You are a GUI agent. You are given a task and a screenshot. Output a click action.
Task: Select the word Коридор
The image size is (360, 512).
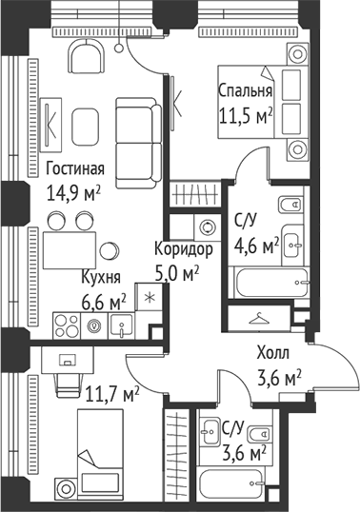point(183,249)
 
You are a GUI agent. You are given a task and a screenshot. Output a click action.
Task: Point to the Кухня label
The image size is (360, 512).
point(100,278)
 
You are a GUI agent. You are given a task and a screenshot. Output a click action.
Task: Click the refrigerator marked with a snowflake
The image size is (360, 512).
point(150,295)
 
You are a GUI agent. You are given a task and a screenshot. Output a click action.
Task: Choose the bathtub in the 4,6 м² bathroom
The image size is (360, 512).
point(271,282)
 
